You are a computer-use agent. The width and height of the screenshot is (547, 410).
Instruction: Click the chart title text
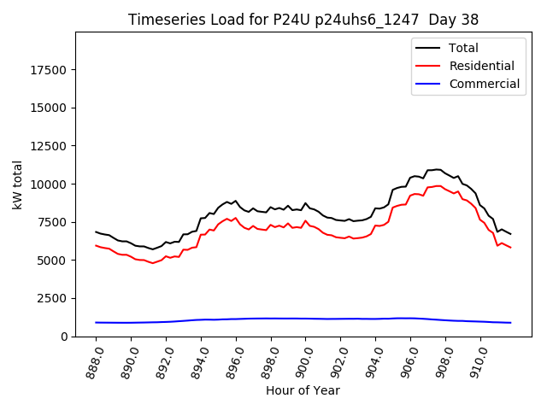click(x=303, y=20)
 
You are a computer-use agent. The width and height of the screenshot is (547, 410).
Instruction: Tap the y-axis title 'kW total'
click(x=18, y=184)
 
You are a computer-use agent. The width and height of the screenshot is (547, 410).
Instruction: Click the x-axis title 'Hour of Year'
click(x=303, y=390)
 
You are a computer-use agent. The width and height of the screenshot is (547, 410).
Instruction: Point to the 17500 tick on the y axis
click(x=46, y=69)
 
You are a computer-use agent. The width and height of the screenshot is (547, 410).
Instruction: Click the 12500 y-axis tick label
click(x=46, y=146)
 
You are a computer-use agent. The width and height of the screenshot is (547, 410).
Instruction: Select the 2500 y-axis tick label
click(x=50, y=299)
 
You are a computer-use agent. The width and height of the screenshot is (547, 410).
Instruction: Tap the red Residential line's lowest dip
click(x=153, y=263)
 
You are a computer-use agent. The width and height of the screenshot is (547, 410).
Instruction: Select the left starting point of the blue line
click(x=96, y=322)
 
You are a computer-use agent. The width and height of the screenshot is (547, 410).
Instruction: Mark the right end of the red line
click(x=510, y=248)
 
